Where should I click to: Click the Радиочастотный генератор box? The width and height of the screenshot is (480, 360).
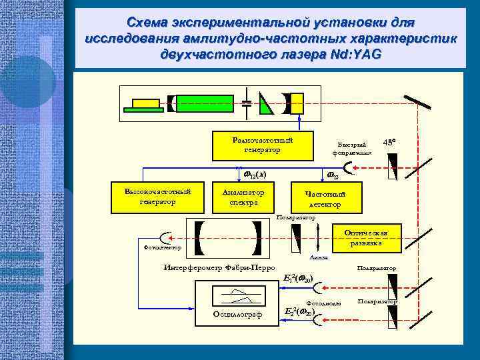pos(263,146)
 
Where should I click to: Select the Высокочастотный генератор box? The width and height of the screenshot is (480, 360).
pos(159,197)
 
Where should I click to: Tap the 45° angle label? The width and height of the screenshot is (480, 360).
pos(390,142)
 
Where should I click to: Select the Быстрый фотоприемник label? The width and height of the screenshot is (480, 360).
pos(351,149)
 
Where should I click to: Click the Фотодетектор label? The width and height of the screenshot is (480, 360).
pos(163,248)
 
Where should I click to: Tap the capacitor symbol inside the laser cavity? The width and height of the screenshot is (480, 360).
pos(246,103)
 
